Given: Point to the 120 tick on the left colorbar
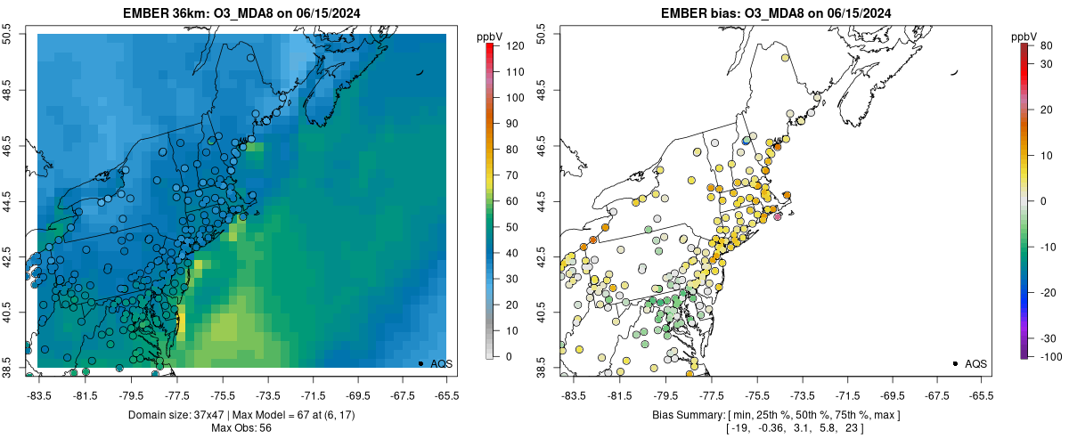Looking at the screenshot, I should coord(505,45).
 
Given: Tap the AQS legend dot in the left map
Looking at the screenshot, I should coord(420,363).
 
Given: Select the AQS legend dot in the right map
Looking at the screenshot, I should coord(955,363).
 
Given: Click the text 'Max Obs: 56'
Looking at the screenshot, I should coord(241,428).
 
